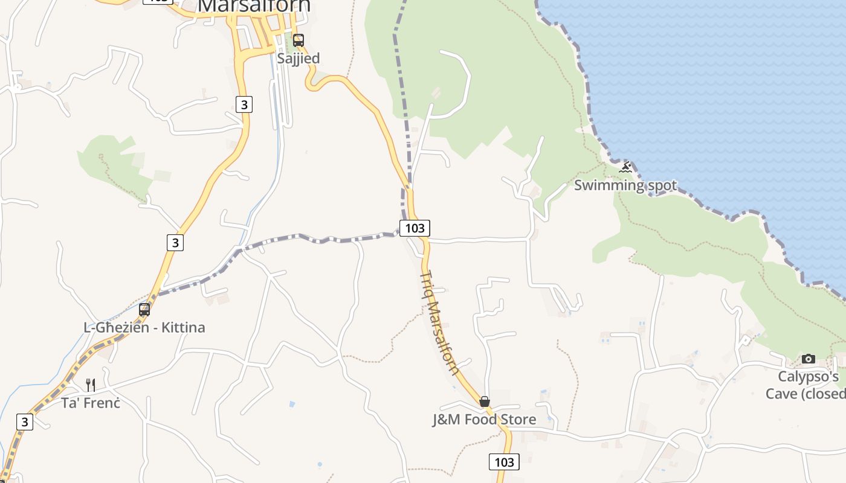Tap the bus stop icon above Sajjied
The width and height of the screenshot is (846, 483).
[299, 40]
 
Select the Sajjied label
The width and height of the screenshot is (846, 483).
[298, 59]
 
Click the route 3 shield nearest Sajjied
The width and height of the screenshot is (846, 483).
[244, 104]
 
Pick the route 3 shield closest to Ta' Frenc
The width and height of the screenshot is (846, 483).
[24, 421]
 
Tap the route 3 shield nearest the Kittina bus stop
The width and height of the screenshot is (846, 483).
[175, 242]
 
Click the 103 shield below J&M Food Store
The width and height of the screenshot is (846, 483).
[503, 462]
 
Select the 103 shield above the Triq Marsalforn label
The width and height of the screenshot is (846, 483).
[415, 228]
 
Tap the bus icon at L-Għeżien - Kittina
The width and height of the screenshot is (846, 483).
[144, 310]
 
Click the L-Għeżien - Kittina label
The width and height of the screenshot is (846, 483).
[144, 328]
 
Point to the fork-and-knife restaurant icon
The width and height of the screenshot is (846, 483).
[91, 385]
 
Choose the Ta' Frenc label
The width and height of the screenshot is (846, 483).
[91, 403]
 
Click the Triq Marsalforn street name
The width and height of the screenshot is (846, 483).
[439, 323]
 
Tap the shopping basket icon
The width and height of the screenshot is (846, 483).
[484, 401]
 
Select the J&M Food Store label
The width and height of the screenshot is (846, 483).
[484, 420]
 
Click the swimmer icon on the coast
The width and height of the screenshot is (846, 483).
[625, 167]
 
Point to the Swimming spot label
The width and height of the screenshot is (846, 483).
[625, 185]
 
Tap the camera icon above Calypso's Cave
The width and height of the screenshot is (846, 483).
[808, 359]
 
